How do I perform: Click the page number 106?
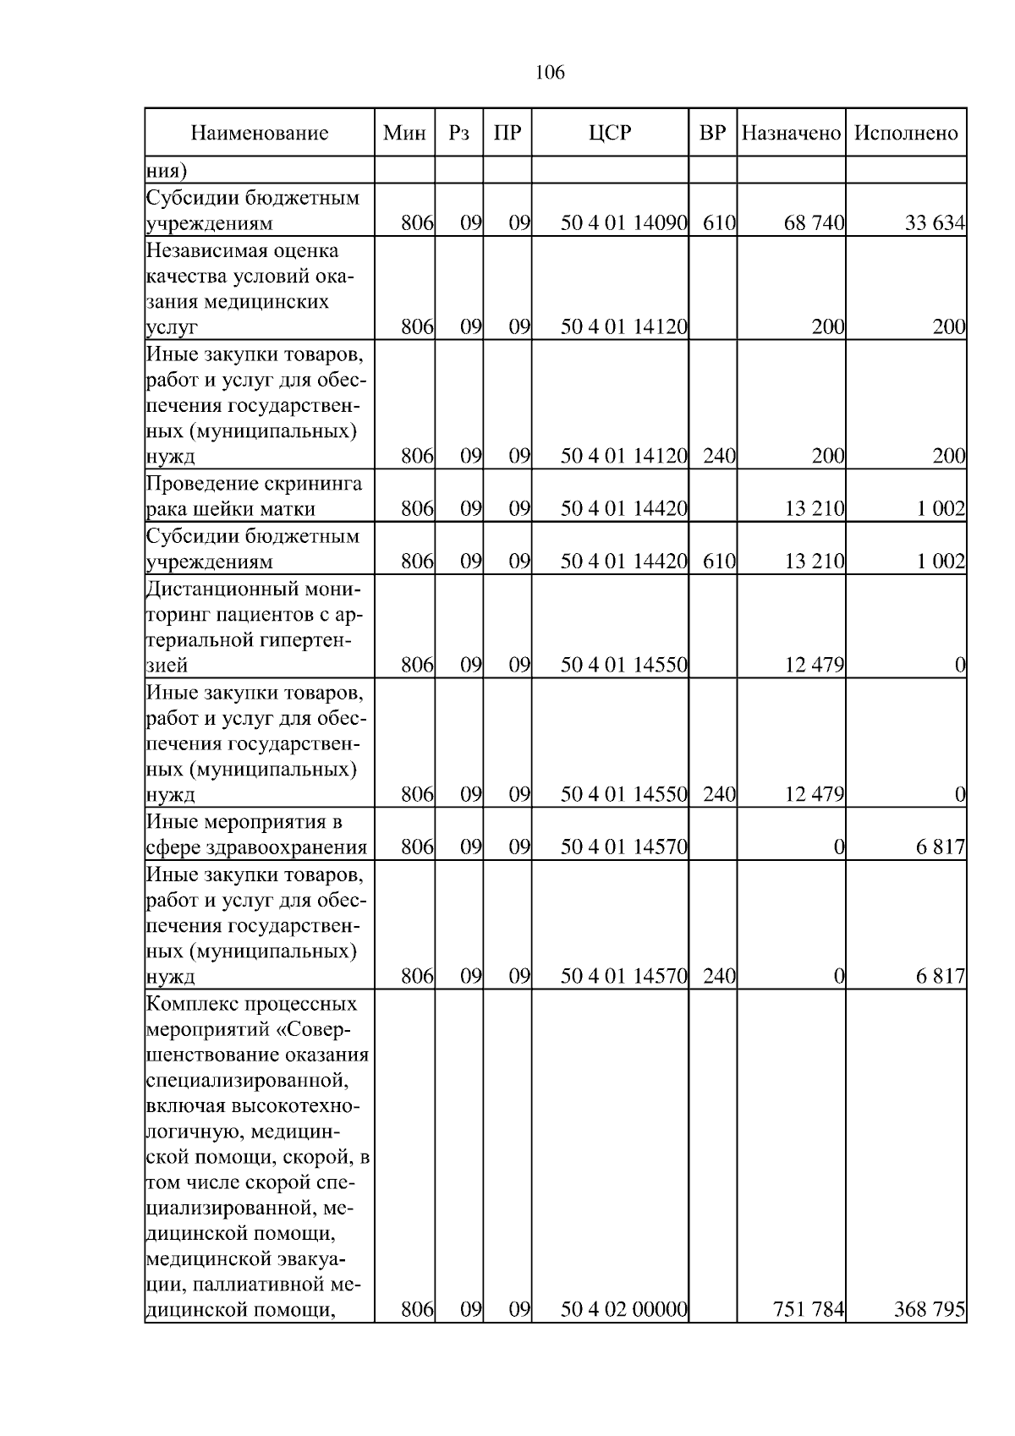point(550,73)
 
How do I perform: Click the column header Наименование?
point(259,133)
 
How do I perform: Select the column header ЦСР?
point(610,133)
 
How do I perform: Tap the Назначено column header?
point(791,133)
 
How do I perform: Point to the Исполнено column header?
point(906,133)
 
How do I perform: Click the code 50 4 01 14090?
point(623,223)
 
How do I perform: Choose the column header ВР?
point(712,133)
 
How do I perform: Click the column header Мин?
point(404,133)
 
